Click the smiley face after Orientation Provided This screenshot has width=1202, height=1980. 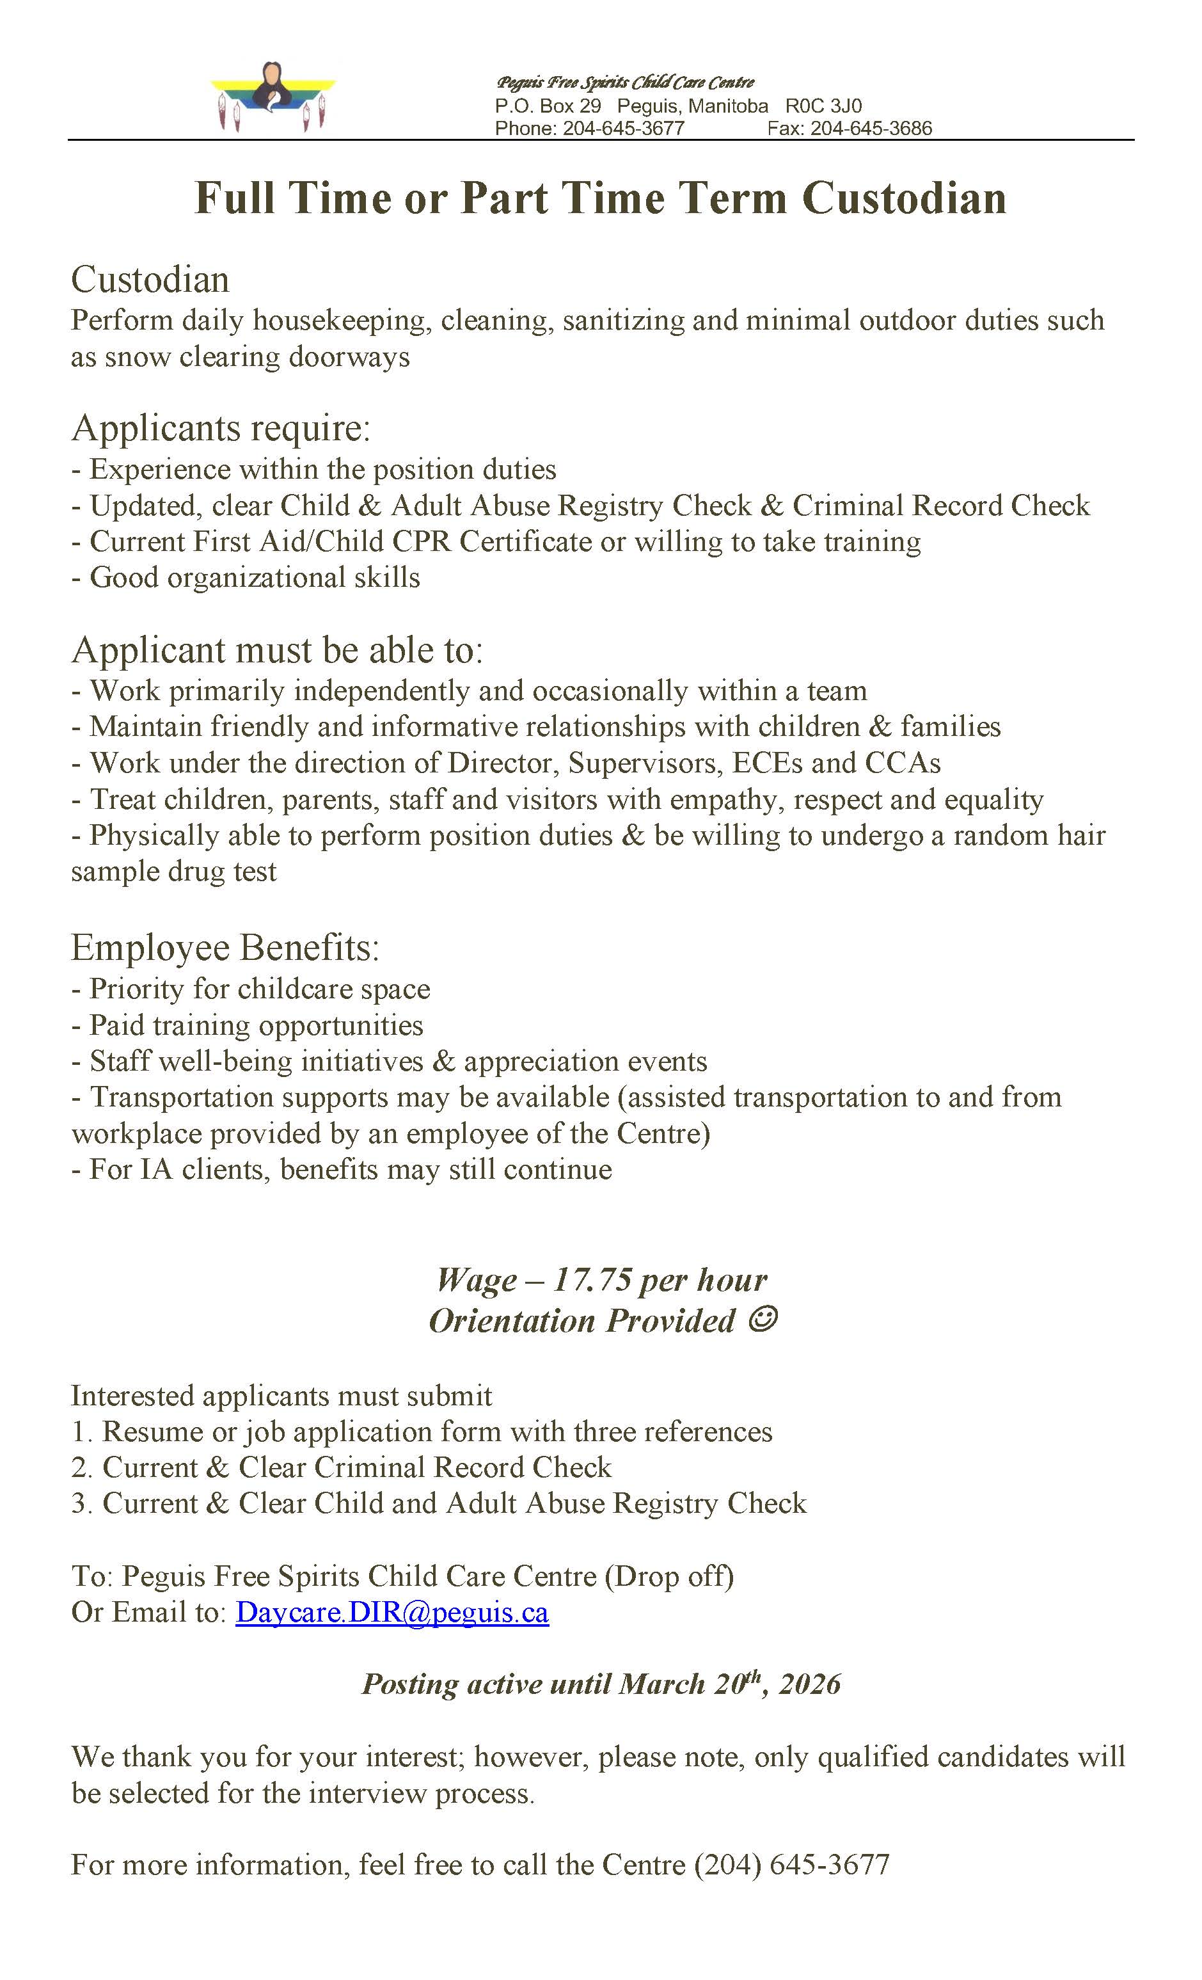763,1320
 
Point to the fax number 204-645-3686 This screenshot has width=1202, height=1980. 871,129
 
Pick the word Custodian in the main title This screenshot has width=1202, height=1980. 904,198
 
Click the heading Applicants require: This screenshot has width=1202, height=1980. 221,427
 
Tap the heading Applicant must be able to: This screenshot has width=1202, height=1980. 277,650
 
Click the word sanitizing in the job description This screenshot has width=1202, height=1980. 622,320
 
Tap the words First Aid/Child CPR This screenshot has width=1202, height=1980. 323,541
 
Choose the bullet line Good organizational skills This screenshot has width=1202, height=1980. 254,578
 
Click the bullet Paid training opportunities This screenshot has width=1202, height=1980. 255,1025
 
